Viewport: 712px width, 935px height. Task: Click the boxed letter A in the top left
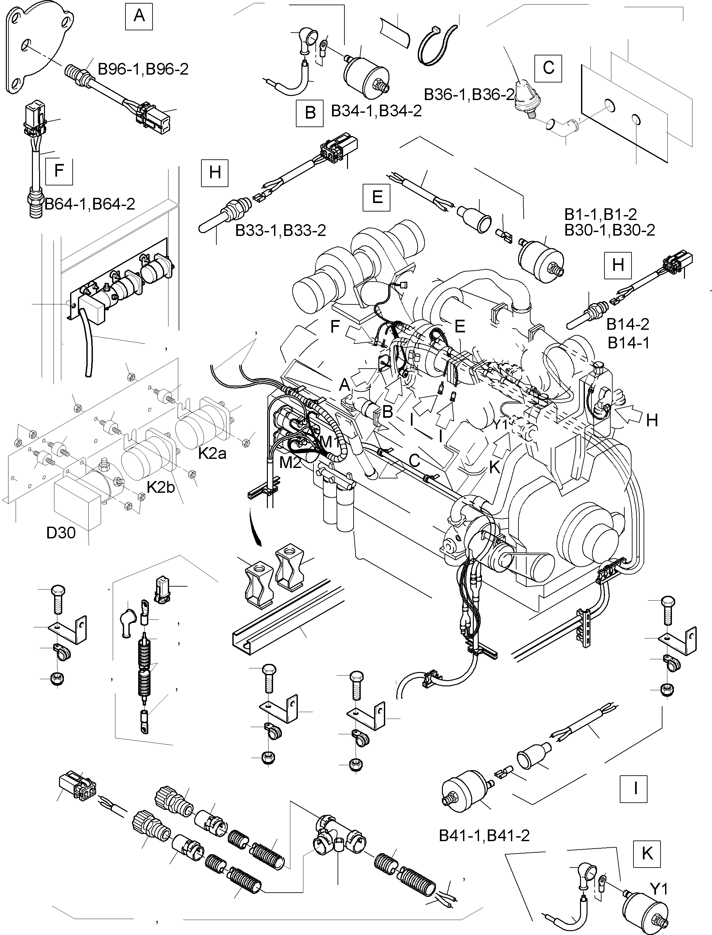coord(139,16)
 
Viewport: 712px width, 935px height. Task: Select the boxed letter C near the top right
coord(548,68)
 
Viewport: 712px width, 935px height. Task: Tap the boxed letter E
coord(377,197)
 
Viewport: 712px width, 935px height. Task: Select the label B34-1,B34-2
coord(376,111)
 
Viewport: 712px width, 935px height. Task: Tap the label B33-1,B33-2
coord(281,230)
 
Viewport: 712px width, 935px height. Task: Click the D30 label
coord(61,533)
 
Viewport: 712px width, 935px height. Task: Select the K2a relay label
coord(212,454)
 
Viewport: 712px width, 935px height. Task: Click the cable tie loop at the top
coord(438,44)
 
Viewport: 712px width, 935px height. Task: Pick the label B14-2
coord(628,325)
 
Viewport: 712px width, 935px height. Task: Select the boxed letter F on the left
coord(59,171)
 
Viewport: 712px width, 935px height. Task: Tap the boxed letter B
coord(310,113)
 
